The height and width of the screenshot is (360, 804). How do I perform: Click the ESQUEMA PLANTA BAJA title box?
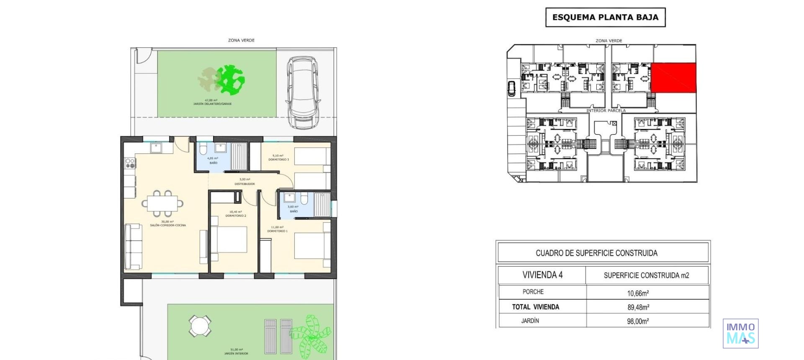[605, 18]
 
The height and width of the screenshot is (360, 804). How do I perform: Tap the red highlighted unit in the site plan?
[673, 77]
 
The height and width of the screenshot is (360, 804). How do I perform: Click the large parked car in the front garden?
[302, 93]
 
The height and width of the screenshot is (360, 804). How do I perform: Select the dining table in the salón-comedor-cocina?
[162, 203]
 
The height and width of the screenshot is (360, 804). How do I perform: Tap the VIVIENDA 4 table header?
[542, 275]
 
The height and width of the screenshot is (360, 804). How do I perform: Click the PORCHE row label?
[533, 292]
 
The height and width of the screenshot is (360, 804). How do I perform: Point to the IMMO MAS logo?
[740, 333]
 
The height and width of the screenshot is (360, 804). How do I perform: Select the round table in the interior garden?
[200, 326]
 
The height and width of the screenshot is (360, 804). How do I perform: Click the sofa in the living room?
[133, 247]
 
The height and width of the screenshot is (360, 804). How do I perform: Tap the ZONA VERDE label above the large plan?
[241, 40]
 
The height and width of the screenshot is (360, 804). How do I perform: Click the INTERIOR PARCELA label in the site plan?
[606, 111]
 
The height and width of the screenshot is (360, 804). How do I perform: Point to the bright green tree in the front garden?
[230, 79]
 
